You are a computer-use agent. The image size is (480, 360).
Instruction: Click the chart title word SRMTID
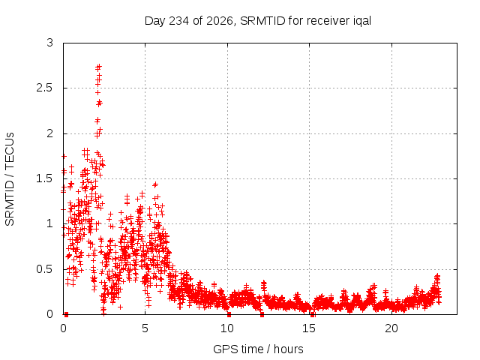[262, 21]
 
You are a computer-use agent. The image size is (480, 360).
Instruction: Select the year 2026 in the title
[220, 21]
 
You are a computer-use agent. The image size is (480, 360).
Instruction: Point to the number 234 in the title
[179, 21]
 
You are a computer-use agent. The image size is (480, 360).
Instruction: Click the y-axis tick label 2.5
[45, 88]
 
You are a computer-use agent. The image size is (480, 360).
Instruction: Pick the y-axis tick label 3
[50, 43]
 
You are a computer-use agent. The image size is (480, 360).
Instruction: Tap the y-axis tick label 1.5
[45, 178]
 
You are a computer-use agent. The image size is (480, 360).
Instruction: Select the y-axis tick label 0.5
[45, 269]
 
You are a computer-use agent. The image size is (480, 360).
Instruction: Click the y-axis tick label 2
[50, 133]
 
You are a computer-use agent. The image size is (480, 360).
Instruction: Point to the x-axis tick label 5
[145, 328]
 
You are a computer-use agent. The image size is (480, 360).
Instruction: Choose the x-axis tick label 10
[227, 328]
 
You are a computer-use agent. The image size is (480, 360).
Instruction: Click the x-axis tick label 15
[309, 328]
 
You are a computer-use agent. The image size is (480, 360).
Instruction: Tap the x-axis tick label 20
[391, 328]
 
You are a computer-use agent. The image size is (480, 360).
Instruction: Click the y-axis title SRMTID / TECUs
[10, 179]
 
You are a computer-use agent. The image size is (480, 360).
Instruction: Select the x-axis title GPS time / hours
[258, 349]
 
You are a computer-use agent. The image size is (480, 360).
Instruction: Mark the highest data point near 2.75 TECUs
[98, 67]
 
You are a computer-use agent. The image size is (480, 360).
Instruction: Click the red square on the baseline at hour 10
[229, 314]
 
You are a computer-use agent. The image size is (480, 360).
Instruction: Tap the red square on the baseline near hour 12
[262, 314]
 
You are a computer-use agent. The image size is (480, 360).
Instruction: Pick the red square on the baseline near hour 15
[312, 314]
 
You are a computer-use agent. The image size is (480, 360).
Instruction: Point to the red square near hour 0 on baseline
[66, 314]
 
